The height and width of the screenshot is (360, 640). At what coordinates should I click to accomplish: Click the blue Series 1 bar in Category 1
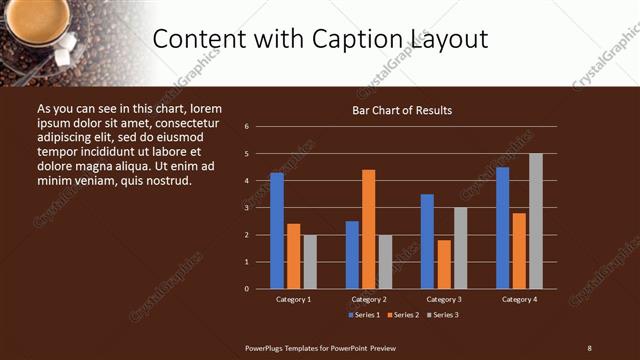276,231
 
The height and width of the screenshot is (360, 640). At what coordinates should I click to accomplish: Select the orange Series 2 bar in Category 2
369,229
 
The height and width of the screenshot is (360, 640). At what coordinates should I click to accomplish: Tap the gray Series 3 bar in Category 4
536,221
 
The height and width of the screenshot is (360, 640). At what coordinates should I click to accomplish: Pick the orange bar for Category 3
444,264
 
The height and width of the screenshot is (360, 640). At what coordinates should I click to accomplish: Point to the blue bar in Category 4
502,228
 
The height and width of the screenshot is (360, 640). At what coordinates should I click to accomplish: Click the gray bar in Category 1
310,262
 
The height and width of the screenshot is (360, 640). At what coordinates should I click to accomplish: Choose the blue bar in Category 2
352,255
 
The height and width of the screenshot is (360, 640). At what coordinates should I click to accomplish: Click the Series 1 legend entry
364,315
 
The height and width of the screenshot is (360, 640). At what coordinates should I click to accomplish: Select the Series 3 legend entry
442,315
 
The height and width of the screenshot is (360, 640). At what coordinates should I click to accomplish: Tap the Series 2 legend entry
403,315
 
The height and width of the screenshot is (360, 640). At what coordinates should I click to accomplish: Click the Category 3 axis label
444,299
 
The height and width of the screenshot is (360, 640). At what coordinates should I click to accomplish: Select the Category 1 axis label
293,299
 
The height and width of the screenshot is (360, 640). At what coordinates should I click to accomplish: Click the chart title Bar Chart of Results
402,110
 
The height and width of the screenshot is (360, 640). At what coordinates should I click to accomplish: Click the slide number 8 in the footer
589,347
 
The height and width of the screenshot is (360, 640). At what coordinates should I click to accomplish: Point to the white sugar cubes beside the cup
69,43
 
